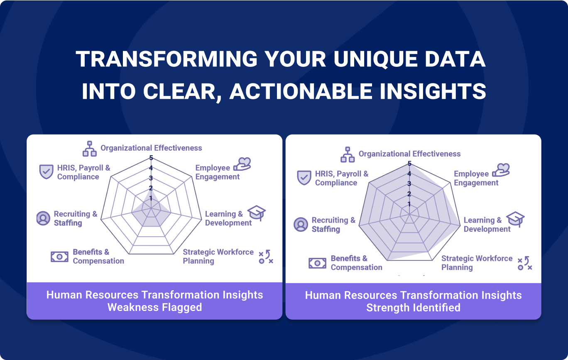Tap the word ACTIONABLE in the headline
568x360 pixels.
(x=301, y=91)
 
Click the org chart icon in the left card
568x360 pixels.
(x=90, y=149)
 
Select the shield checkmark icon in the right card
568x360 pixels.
(x=304, y=177)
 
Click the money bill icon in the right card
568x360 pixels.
(x=317, y=263)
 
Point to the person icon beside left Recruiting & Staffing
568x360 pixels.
(x=43, y=218)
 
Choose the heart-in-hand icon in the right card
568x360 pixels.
(x=501, y=170)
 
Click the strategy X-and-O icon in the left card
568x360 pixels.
(x=266, y=257)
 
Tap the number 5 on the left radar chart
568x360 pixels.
(x=151, y=158)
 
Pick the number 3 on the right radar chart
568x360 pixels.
(x=409, y=184)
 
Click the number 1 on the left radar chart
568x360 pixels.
(x=151, y=198)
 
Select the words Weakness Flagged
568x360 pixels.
(x=155, y=307)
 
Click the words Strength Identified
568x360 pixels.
(x=413, y=308)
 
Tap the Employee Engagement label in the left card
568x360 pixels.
(x=217, y=172)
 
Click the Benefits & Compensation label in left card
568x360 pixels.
(x=98, y=256)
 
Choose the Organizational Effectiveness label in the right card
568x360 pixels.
(x=409, y=154)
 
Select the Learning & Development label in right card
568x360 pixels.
(x=487, y=224)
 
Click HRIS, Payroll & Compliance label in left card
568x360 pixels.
(x=84, y=172)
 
